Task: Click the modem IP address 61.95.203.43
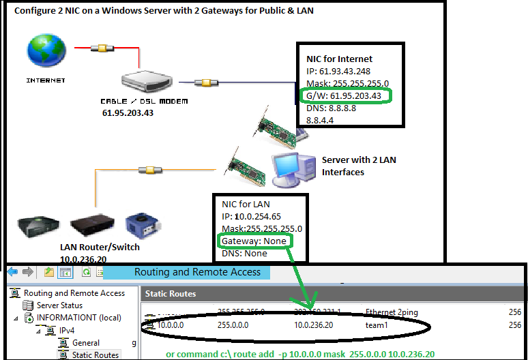coord(129,113)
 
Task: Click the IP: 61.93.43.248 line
coord(339,71)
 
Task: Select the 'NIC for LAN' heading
coord(246,204)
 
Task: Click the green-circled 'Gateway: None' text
coord(252,241)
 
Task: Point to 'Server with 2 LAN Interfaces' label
coord(359,166)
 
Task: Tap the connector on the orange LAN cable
coord(144,170)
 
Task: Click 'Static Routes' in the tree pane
coord(95,355)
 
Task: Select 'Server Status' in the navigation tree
coord(59,305)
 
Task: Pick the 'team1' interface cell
coord(376,326)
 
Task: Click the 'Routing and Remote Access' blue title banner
coord(197,272)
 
